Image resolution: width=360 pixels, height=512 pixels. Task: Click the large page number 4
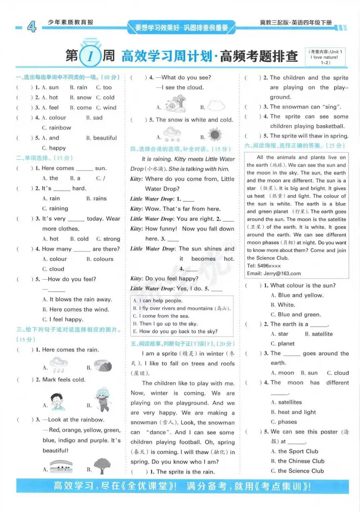click(32, 26)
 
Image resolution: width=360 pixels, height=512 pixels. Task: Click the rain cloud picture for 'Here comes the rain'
click(59, 365)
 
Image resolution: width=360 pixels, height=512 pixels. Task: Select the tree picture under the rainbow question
click(102, 466)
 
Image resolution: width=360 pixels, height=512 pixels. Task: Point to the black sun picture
click(215, 134)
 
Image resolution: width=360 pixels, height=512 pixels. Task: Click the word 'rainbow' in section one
click(57, 128)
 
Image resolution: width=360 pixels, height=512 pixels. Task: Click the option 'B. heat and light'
click(293, 412)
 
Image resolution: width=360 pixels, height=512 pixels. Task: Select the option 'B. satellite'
click(319, 334)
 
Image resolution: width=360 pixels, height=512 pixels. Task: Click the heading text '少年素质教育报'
click(70, 22)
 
